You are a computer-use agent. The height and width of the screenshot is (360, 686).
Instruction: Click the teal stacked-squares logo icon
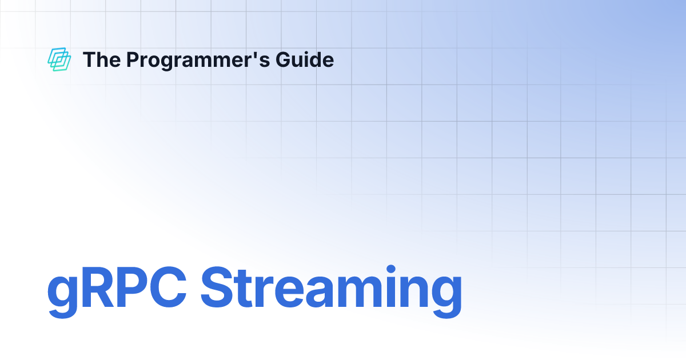pyautogui.click(x=59, y=59)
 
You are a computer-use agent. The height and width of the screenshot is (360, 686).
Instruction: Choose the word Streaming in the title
pyautogui.click(x=331, y=292)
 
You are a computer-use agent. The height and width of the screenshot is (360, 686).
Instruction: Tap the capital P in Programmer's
pyautogui.click(x=132, y=59)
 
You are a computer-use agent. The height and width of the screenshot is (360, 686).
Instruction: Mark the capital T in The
pyautogui.click(x=89, y=59)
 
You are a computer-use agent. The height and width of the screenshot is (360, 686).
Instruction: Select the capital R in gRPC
pyautogui.click(x=97, y=291)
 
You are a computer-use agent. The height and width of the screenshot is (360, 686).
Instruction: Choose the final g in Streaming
pyautogui.click(x=445, y=297)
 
